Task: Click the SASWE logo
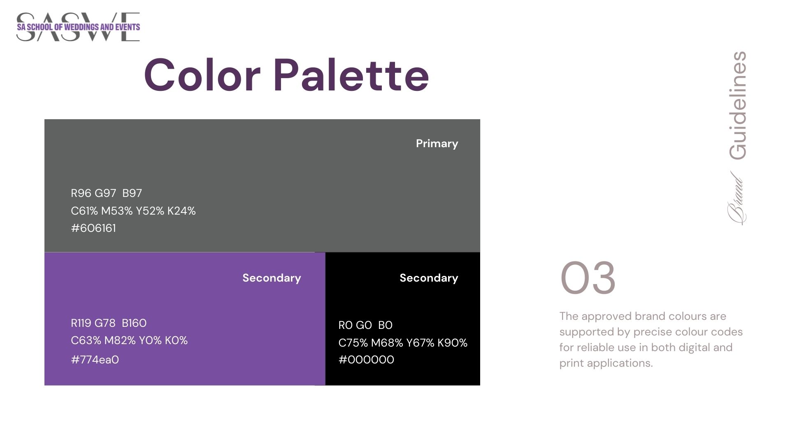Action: (78, 27)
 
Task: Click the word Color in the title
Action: (202, 75)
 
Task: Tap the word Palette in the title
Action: (351, 75)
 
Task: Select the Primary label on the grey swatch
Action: (437, 143)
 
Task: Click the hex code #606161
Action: (93, 228)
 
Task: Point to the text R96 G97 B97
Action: (107, 193)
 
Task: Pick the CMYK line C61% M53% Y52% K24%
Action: (133, 211)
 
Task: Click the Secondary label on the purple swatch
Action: (272, 278)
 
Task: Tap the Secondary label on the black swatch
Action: (429, 278)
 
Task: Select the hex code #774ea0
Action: (95, 360)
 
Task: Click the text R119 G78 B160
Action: (109, 323)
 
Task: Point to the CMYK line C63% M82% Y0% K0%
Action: (129, 340)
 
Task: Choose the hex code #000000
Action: (366, 360)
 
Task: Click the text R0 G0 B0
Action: (365, 325)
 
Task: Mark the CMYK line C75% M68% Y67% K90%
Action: (403, 343)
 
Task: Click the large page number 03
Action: (588, 278)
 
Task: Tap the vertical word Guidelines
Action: (737, 106)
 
